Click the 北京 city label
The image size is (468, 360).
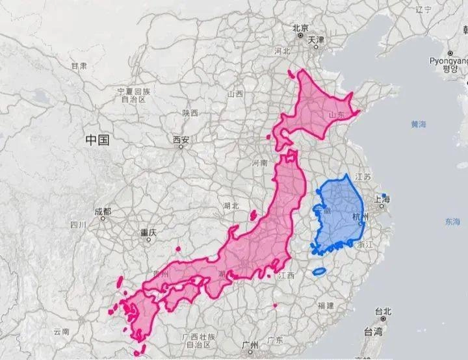[x=300, y=28]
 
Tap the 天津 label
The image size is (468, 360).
[x=316, y=40]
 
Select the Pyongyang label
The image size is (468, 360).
[x=449, y=60]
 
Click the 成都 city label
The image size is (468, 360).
[x=102, y=212]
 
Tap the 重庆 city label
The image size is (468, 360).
[x=148, y=232]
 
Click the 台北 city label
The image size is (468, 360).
[x=383, y=312]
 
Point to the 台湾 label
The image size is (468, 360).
[x=373, y=331]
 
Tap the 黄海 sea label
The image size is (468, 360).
[x=418, y=123]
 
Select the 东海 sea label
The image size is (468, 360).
[x=452, y=222]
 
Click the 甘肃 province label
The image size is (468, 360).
[x=79, y=66]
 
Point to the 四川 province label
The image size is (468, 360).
[x=78, y=225]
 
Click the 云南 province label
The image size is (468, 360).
[x=62, y=331]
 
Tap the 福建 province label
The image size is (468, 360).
[x=325, y=305]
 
